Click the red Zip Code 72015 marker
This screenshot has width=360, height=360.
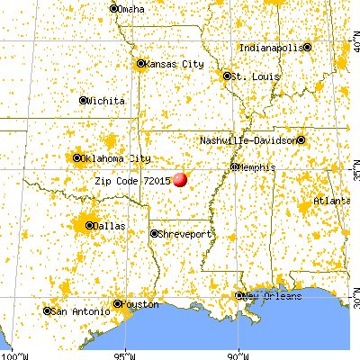[x=180, y=179]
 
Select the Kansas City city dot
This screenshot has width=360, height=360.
[x=140, y=64]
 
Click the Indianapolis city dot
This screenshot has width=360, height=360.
[x=307, y=47]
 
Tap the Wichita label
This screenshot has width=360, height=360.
[x=106, y=101]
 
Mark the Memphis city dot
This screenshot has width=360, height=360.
[x=234, y=166]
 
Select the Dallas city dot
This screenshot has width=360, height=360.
[x=89, y=225]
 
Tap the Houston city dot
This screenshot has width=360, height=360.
[x=117, y=304]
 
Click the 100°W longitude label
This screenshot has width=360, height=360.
[x=13, y=354]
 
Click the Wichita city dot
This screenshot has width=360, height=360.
[x=84, y=101]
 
